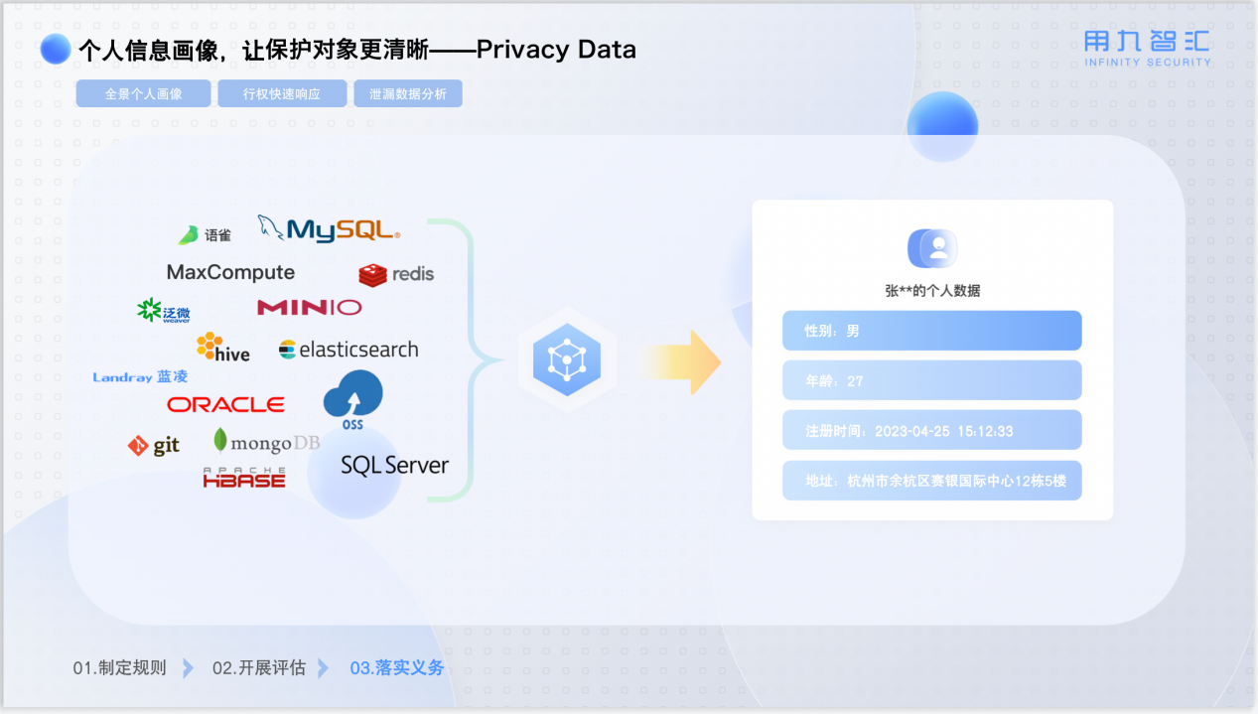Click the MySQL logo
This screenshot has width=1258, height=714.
(x=330, y=229)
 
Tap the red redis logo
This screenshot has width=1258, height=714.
(x=396, y=274)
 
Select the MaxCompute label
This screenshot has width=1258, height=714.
(x=230, y=272)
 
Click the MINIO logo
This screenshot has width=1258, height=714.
(x=309, y=308)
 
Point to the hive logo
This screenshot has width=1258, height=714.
(x=222, y=348)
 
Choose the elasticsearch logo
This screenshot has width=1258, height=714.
(x=349, y=350)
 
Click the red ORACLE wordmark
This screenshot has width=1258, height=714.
(x=225, y=404)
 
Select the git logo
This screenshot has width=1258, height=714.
(x=154, y=446)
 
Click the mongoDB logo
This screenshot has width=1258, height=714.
(x=266, y=442)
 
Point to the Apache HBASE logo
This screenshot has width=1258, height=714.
(x=244, y=478)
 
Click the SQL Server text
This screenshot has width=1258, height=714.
(x=394, y=465)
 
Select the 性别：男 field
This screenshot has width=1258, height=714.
(x=931, y=331)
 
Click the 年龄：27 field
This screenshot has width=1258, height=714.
(x=931, y=380)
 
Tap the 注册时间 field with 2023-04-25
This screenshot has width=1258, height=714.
(x=931, y=431)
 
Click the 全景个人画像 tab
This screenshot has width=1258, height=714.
(x=143, y=94)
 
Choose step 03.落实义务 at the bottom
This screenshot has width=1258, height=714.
(x=396, y=668)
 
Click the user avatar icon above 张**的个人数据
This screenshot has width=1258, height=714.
(x=932, y=248)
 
